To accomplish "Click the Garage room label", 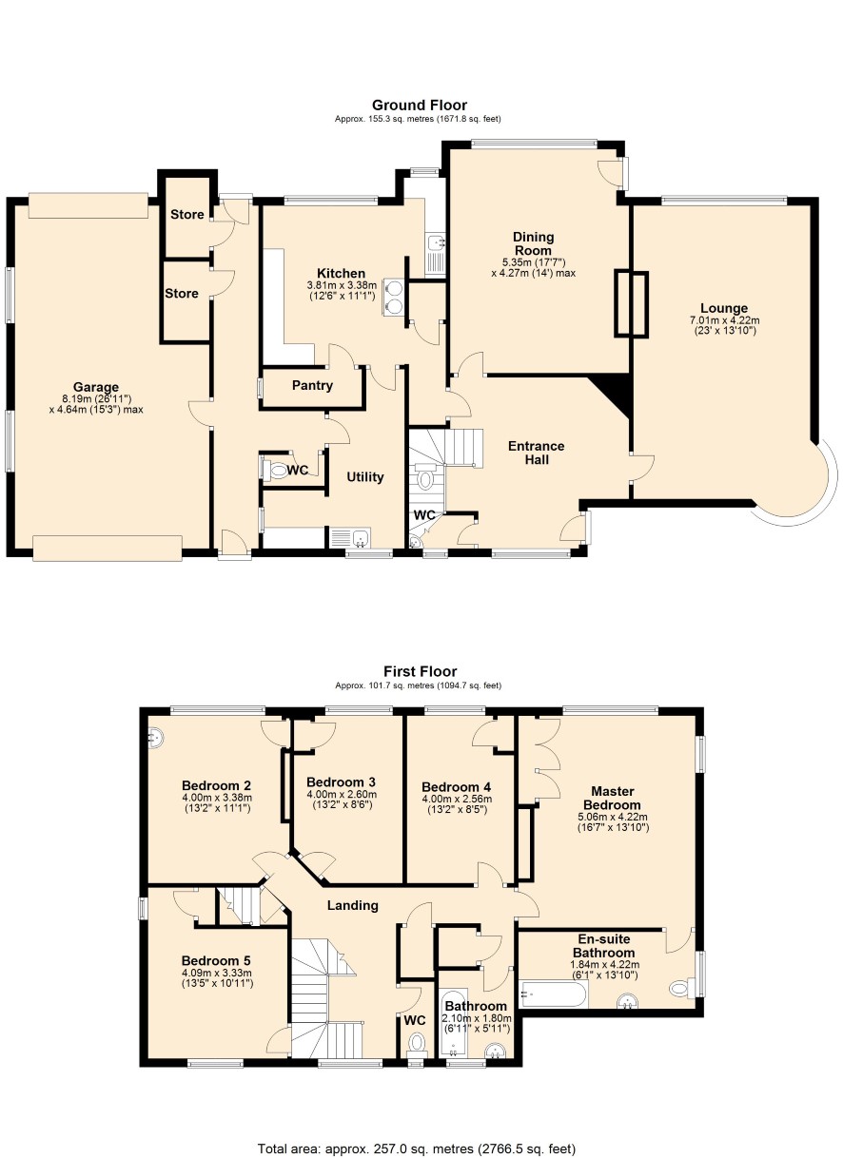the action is point(96,387).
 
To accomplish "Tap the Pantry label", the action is point(312,385).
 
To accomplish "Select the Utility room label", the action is point(364,476).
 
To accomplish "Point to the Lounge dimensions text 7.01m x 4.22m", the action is point(724,320).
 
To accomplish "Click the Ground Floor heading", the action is point(420,105).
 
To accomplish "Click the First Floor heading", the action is point(420,671).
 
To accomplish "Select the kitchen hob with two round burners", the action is point(393,297).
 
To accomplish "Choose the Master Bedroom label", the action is point(613,798).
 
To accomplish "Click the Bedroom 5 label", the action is point(216,960).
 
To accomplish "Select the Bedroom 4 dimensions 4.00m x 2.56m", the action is point(457,799).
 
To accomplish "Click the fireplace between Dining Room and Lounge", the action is point(631,304).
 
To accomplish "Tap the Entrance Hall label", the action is point(536,453).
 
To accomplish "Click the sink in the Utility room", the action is point(350,537).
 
